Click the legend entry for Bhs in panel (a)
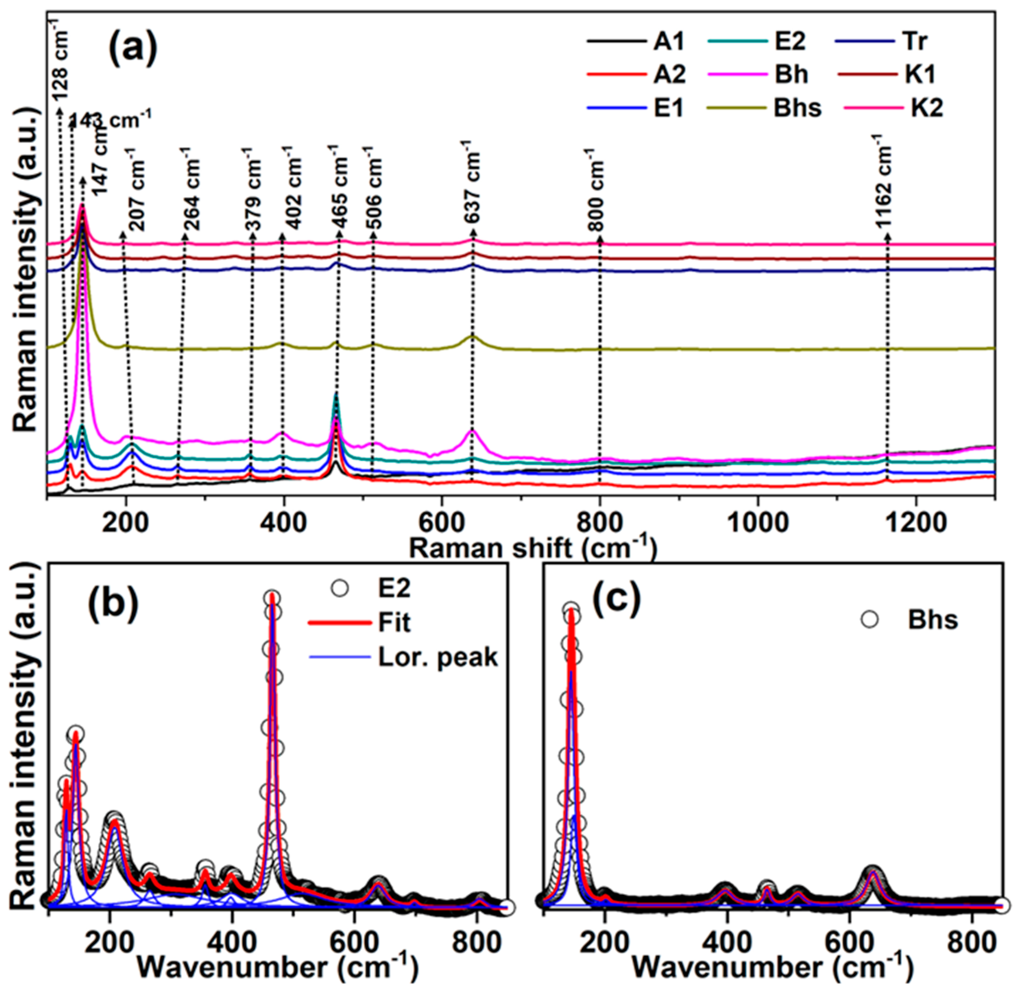797,108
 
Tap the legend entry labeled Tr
914,42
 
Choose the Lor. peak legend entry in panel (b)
437,657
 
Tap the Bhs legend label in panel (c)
933,620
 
